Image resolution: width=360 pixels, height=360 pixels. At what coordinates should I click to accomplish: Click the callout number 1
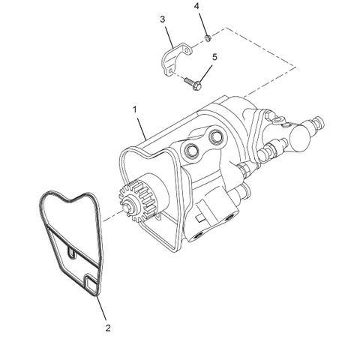(135, 109)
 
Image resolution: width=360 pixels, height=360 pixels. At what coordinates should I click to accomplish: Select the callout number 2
(107, 328)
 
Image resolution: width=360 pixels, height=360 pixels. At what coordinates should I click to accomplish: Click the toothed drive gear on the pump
(133, 202)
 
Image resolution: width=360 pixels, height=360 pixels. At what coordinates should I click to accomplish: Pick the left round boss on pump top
(193, 152)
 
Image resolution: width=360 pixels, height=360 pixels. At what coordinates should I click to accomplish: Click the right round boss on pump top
(217, 136)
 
